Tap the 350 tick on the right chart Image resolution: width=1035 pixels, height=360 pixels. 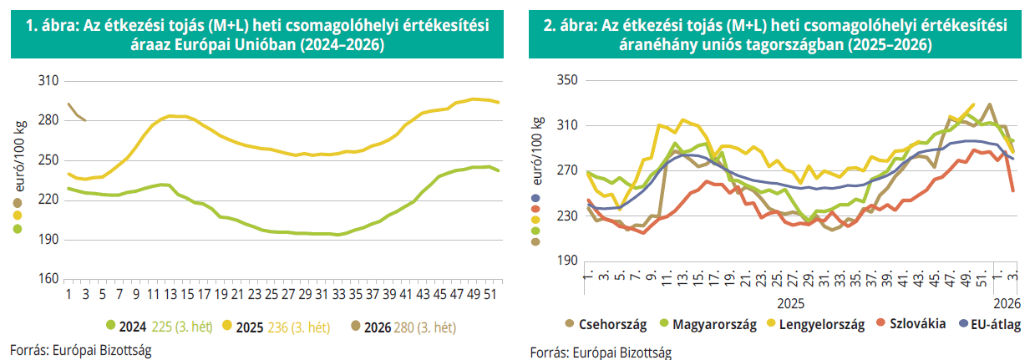click(566, 81)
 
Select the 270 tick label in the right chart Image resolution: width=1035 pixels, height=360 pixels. click(566, 170)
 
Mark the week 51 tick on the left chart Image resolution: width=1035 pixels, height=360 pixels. click(487, 294)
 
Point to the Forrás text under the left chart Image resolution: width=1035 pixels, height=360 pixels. click(81, 349)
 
